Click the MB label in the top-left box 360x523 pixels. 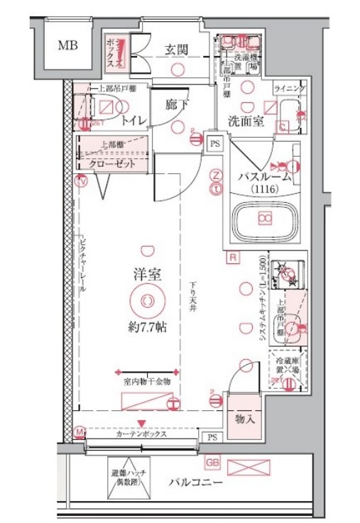pyautogui.click(x=68, y=46)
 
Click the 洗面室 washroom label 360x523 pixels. pyautogui.click(x=246, y=121)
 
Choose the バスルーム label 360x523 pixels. pyautogui.click(x=264, y=177)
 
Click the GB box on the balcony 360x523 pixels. pyautogui.click(x=212, y=463)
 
